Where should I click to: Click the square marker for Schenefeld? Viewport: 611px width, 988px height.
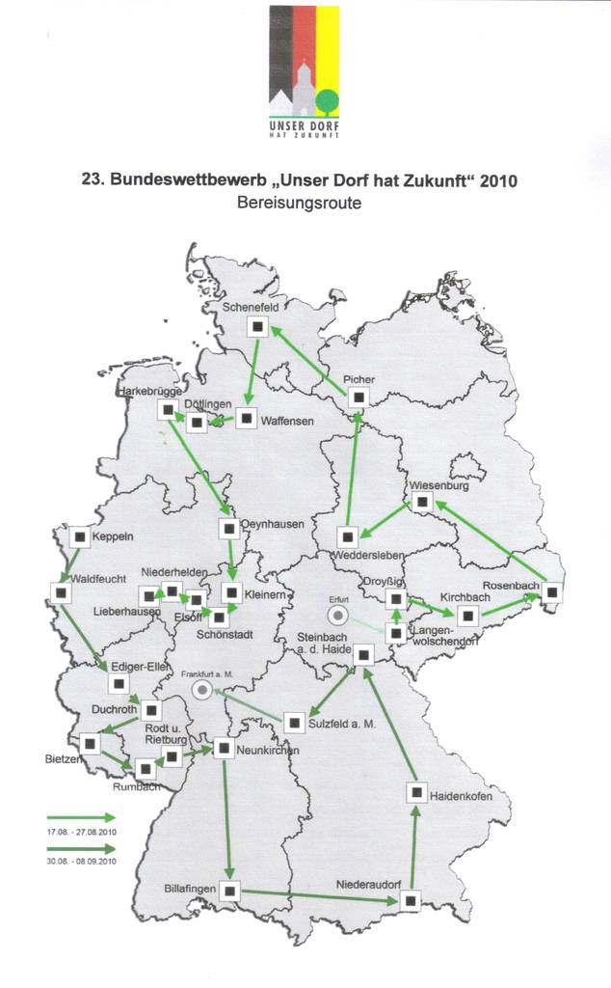coord(256,327)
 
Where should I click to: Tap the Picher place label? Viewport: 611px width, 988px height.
coord(359,379)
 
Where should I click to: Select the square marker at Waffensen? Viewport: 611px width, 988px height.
coord(246,420)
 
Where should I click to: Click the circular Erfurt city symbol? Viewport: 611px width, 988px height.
coord(338,615)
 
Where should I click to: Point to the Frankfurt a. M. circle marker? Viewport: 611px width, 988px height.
coord(201,689)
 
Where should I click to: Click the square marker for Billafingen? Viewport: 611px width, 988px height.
coord(229,891)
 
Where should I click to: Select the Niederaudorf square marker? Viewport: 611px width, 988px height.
coord(411,901)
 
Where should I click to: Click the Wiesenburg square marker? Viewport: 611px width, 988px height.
coord(421,502)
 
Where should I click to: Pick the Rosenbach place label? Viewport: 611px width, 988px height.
coord(510,585)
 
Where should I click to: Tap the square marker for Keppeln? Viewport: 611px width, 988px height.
coord(79,536)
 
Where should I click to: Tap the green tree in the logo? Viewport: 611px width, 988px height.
coord(327,98)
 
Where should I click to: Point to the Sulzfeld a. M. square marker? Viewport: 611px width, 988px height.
coord(293,720)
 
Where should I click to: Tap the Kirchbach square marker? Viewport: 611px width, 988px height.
coord(467,616)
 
